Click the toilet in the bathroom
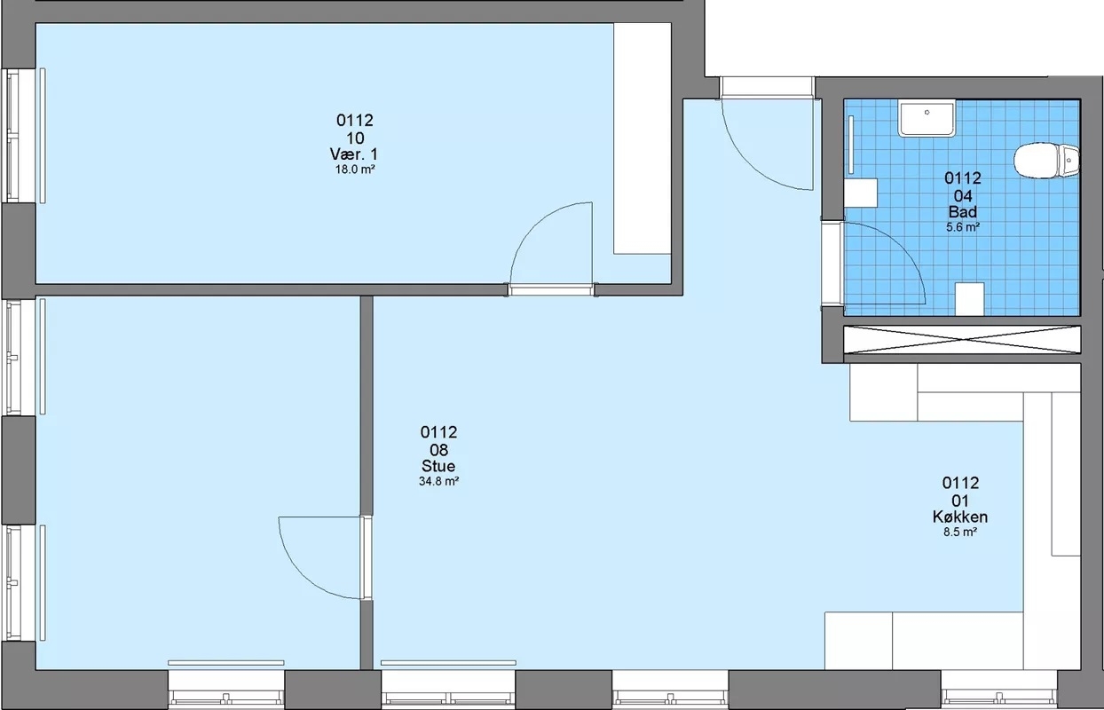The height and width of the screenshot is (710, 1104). [1045, 160]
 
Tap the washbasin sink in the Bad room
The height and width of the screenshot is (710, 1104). [927, 118]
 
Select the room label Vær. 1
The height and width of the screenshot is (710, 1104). [354, 154]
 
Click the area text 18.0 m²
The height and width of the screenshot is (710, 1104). [355, 170]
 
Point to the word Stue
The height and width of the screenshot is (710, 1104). [438, 466]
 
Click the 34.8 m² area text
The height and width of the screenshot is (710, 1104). [438, 481]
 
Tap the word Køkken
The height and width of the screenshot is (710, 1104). [960, 517]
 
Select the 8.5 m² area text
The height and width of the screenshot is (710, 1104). [960, 532]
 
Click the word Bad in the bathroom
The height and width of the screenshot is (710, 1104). [963, 212]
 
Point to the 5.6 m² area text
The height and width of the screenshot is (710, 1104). [963, 227]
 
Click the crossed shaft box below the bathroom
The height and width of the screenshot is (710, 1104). [962, 340]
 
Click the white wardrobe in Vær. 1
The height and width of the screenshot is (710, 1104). [643, 138]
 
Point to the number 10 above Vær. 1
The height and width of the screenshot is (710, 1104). [355, 138]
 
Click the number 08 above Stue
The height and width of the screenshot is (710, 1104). [438, 450]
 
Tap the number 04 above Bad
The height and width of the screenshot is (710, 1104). [963, 196]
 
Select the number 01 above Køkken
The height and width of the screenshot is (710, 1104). [960, 501]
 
